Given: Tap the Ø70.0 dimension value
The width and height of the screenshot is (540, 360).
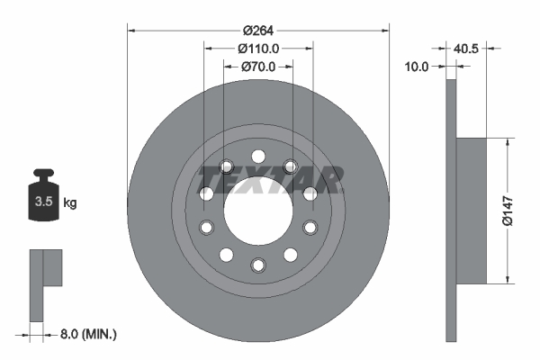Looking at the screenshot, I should (x=258, y=66).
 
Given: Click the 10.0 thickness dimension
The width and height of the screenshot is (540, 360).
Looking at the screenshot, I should (x=417, y=66).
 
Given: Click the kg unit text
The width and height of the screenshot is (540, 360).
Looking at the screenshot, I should (x=70, y=202).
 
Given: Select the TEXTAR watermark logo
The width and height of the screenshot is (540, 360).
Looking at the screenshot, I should (x=271, y=179).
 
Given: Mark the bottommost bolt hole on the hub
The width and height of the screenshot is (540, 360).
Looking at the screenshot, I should (x=258, y=265).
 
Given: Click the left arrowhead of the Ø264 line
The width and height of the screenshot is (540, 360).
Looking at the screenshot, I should (x=131, y=30).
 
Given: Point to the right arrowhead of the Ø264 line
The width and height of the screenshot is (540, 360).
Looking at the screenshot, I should (x=387, y=30).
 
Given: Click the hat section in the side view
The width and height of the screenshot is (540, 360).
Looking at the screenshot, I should (x=472, y=209).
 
